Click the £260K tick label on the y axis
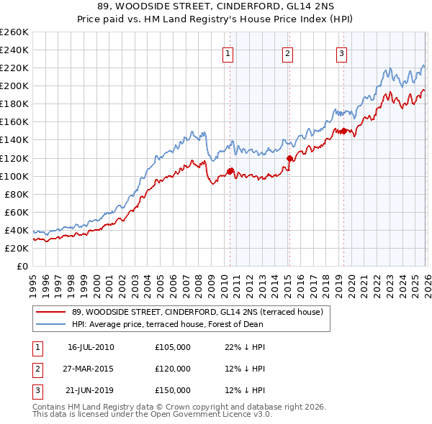tap(14, 32)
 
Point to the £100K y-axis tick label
tap(14, 176)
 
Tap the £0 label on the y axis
tap(22, 266)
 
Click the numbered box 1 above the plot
tap(228, 52)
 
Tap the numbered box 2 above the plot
tap(287, 52)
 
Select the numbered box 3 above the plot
tap(341, 52)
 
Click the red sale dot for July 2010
tap(230, 171)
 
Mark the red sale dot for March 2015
tap(289, 158)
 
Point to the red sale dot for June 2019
tap(343, 131)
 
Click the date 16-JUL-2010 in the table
tap(91, 347)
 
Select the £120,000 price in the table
tap(173, 369)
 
